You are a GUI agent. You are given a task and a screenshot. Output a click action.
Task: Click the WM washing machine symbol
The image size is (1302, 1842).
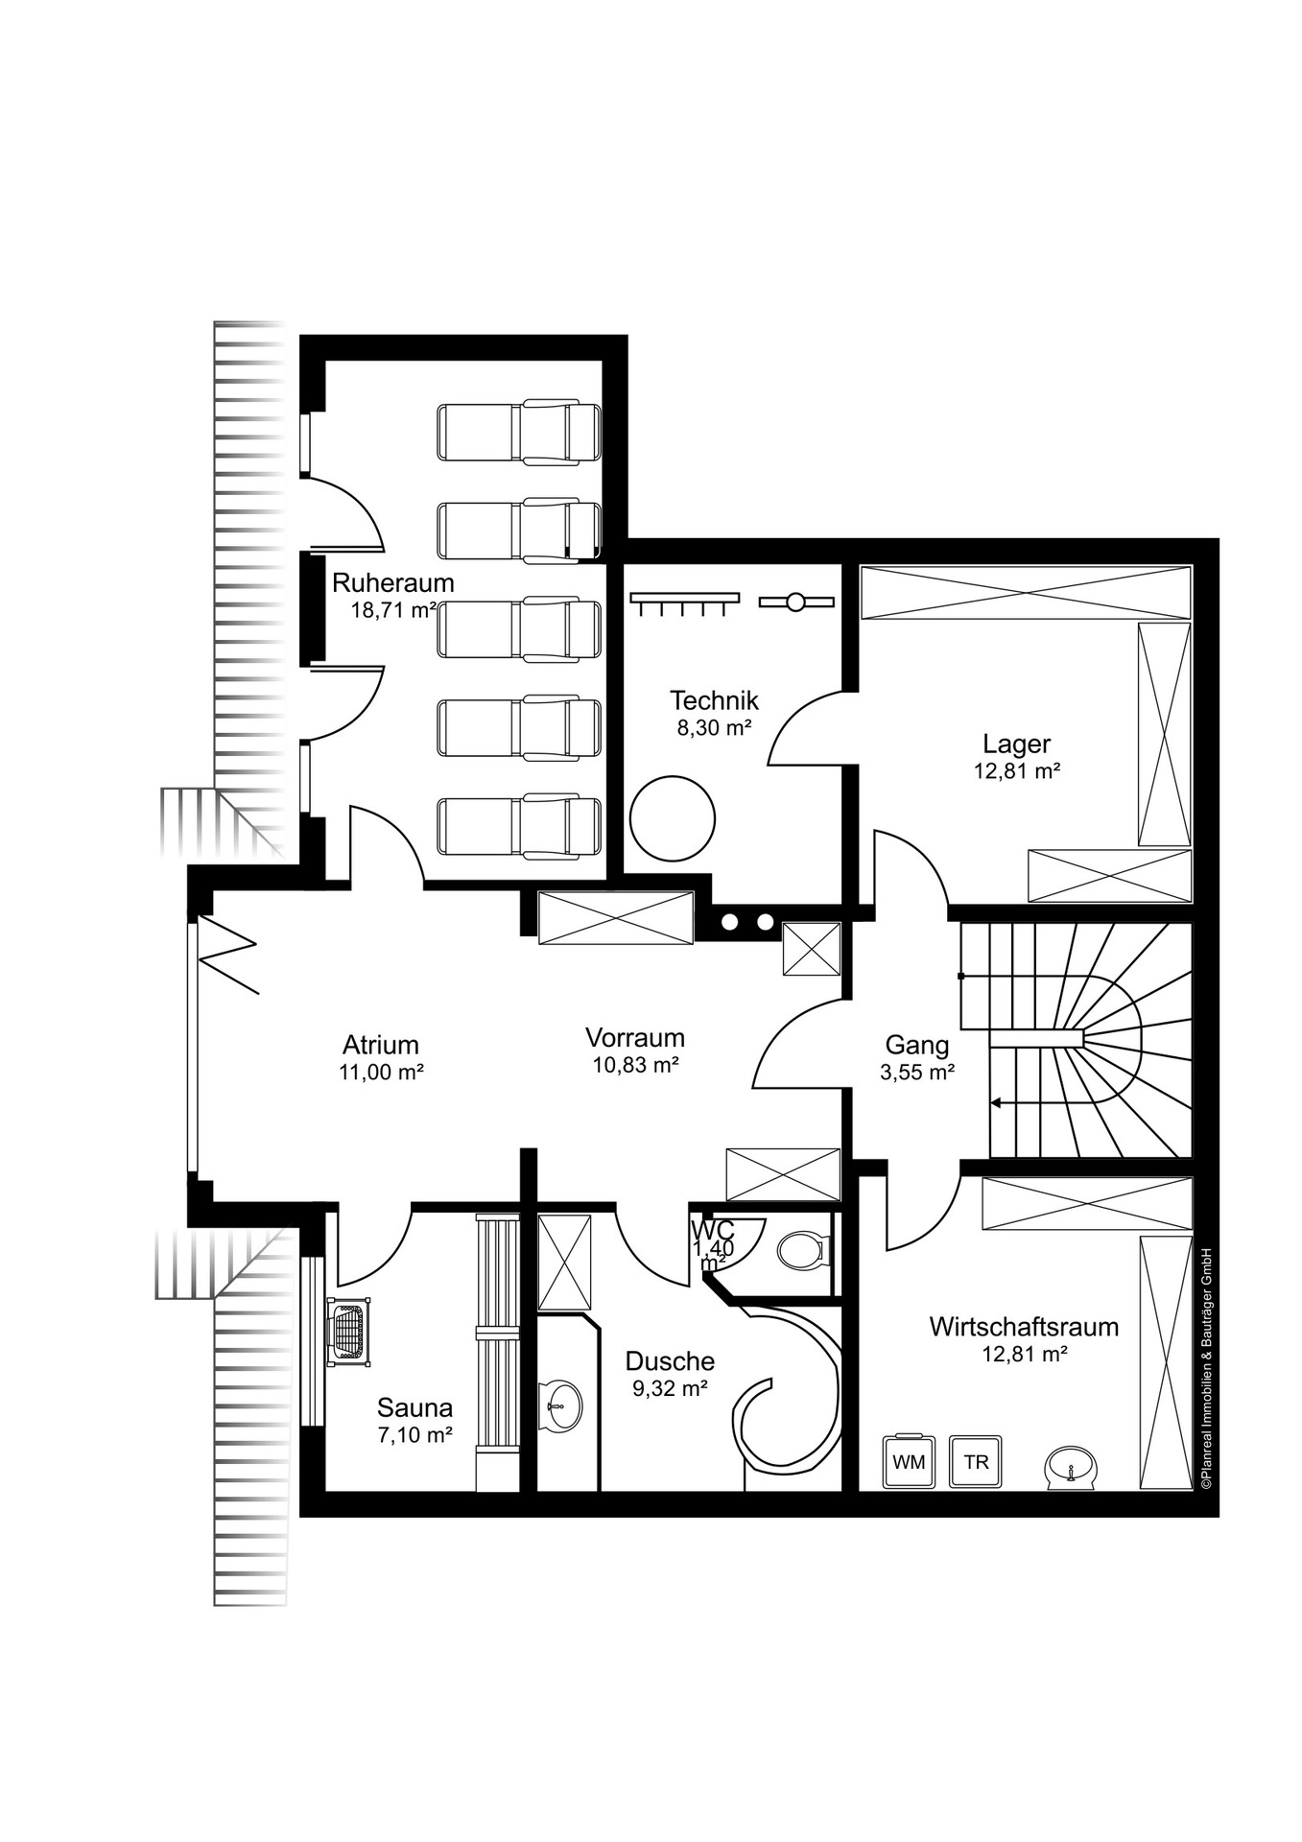tap(909, 1461)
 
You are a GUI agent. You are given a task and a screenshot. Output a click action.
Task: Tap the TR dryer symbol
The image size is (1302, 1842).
tap(976, 1461)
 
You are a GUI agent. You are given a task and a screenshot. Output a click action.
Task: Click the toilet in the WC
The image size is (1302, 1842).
tap(800, 1250)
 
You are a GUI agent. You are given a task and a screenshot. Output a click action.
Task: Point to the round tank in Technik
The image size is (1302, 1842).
tap(673, 818)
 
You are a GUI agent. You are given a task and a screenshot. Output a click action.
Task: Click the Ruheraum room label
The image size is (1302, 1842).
tap(392, 582)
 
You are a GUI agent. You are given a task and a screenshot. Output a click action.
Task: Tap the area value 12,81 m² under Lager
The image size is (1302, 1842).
tap(1016, 770)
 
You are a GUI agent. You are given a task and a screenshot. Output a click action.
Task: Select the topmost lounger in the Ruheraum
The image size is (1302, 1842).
tap(519, 434)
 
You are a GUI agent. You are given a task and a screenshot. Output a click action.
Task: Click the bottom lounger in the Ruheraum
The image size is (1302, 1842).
tap(519, 827)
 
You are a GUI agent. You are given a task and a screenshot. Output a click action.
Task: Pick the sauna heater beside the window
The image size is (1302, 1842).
tap(348, 1332)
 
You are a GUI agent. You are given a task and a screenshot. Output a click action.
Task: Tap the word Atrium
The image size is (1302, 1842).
tap(381, 1045)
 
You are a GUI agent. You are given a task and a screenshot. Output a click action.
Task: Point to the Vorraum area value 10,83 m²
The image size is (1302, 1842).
tap(635, 1064)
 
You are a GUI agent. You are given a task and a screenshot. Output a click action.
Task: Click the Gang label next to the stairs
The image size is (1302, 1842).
tap(916, 1045)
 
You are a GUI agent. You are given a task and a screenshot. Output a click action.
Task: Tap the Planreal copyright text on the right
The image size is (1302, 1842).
tap(1206, 1367)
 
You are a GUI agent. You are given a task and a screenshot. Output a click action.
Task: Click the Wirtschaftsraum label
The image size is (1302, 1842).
tap(1024, 1327)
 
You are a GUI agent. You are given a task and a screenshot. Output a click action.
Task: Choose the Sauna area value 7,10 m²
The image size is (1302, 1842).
tap(414, 1435)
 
